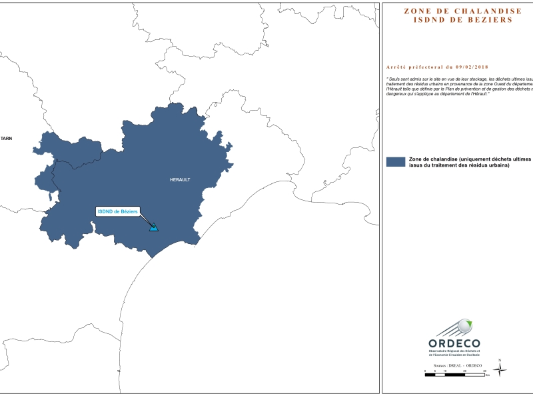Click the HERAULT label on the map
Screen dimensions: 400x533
point(180,180)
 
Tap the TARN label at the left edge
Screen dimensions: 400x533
point(6,139)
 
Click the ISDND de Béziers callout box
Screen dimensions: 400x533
point(117,211)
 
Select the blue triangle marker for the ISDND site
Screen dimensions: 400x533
point(154,228)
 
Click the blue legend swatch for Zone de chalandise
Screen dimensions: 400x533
point(396,162)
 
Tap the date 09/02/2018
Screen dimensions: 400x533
point(468,67)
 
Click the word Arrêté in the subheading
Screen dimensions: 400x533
point(398,67)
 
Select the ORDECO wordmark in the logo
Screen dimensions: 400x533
point(453,343)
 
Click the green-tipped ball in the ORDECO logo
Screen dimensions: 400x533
point(467,326)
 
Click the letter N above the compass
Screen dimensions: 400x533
point(508,360)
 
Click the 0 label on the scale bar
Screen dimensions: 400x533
point(426,370)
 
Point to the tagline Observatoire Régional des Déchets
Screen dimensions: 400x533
point(455,351)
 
